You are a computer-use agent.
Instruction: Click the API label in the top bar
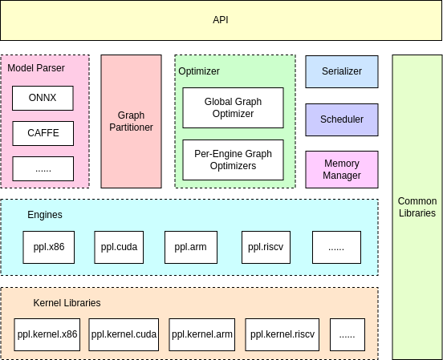(221, 19)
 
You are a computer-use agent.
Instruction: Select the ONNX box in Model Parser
(43, 99)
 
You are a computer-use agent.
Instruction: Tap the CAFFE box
(43, 133)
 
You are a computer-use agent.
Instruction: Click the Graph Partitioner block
(130, 121)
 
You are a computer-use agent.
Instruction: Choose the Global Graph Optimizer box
(233, 108)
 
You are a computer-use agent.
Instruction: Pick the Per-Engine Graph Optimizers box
(233, 160)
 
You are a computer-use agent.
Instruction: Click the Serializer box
(342, 71)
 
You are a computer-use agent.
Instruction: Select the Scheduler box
(342, 119)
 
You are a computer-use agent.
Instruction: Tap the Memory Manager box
(342, 169)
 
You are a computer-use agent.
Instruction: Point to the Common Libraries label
(417, 207)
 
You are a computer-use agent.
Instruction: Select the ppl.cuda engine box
(120, 247)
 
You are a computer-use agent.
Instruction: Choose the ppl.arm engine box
(191, 247)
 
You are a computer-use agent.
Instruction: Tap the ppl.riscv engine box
(266, 247)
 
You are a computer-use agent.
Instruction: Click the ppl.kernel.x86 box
(47, 334)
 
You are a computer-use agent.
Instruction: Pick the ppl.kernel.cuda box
(124, 334)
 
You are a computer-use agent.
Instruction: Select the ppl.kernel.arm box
(201, 334)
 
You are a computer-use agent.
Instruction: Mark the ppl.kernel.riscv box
(282, 334)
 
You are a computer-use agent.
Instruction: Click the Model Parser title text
(36, 68)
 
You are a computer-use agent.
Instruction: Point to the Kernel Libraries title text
(67, 303)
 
